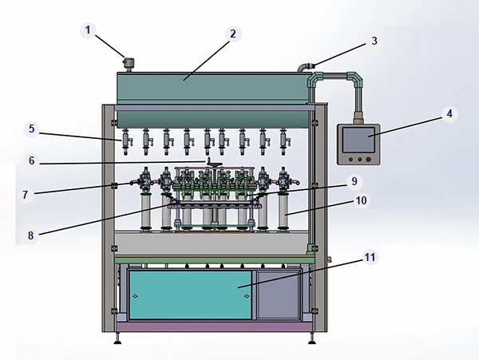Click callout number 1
(x=88, y=30)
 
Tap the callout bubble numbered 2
(x=233, y=34)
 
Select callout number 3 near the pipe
(x=374, y=41)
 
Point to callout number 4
(x=449, y=114)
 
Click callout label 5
(x=32, y=129)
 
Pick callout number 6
(x=32, y=161)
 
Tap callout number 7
(x=26, y=195)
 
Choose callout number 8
(x=31, y=235)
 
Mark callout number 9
(x=354, y=181)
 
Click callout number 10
(x=362, y=200)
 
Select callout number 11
(x=370, y=257)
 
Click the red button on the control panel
(x=368, y=160)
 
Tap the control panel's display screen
(x=358, y=140)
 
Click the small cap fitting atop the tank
(x=129, y=64)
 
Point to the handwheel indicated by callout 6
(x=213, y=164)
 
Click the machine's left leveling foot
(x=117, y=338)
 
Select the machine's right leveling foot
(x=312, y=338)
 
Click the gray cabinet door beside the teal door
(x=278, y=295)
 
